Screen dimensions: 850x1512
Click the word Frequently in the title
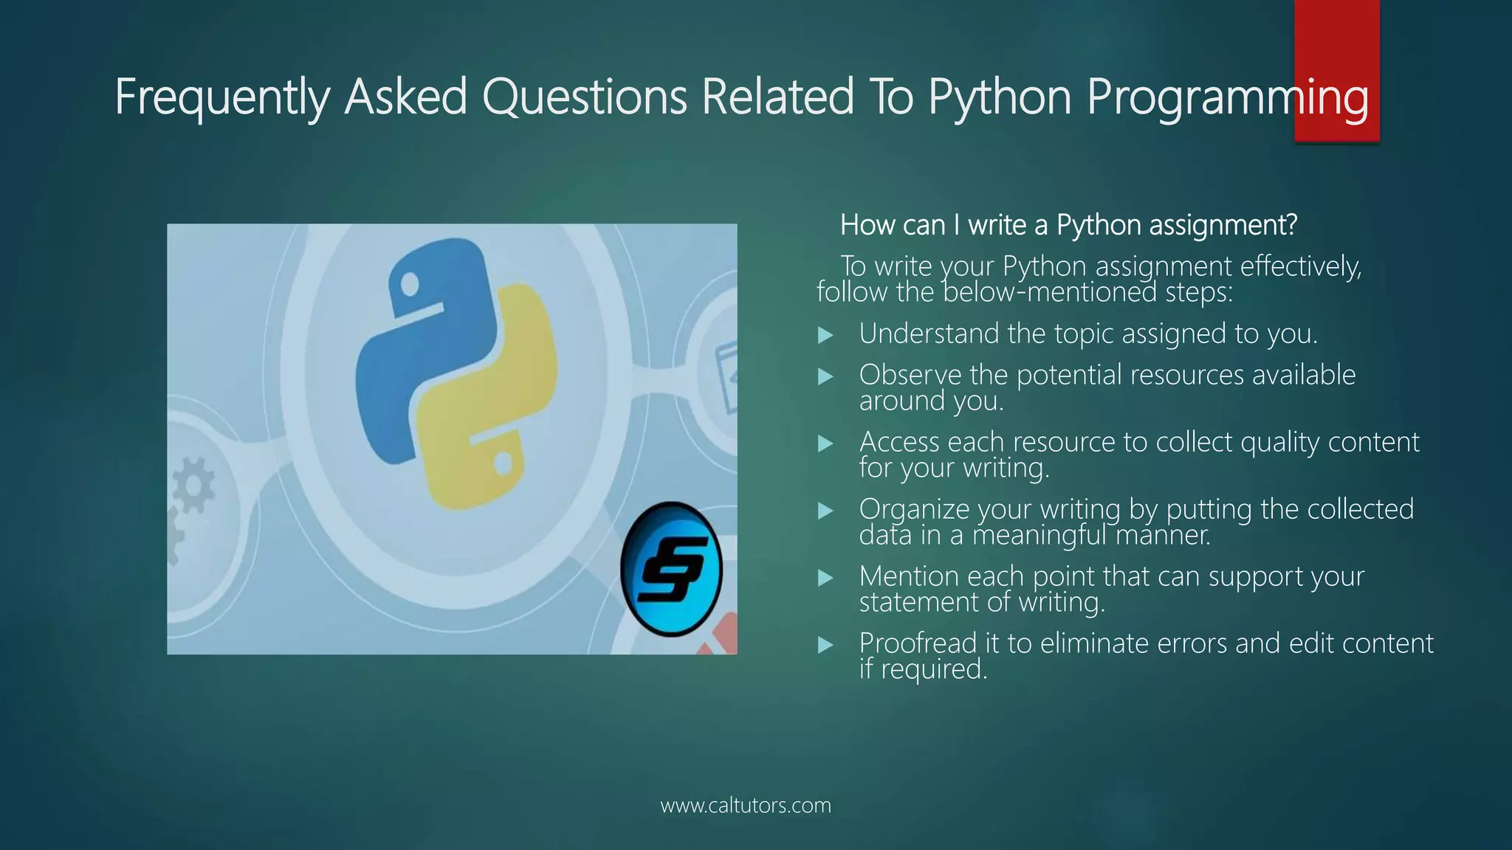221,97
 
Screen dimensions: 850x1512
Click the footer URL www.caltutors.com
746,805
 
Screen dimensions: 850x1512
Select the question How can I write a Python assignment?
1068,225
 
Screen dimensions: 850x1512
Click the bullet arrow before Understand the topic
825,336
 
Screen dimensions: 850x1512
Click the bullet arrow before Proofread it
825,646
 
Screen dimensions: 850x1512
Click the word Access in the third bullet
899,442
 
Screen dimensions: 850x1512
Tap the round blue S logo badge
671,569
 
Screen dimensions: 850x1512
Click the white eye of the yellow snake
503,464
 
